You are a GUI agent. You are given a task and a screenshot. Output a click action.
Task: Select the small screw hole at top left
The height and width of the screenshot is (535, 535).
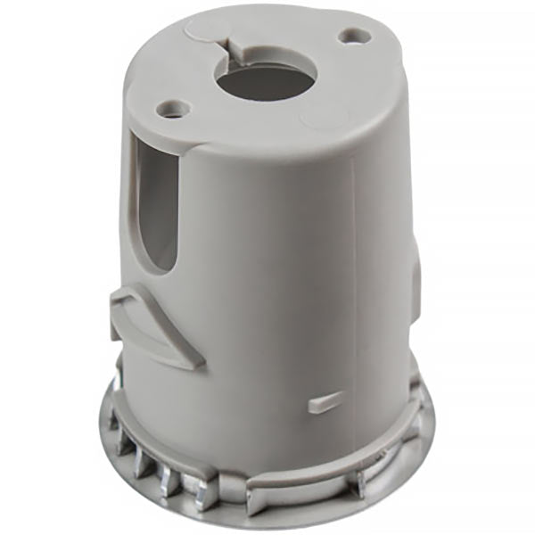(x=172, y=110)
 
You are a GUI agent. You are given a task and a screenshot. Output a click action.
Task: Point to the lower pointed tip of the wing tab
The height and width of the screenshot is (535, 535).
(x=192, y=363)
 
